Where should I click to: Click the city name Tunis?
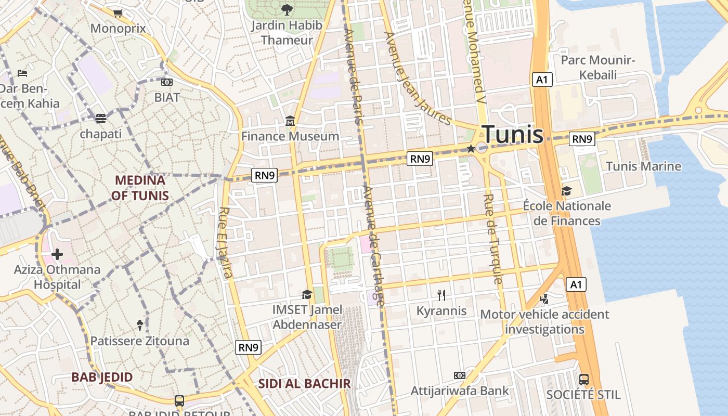[512, 135]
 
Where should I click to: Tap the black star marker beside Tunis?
[471, 149]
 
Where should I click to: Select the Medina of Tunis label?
[140, 188]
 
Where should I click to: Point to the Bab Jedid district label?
[102, 377]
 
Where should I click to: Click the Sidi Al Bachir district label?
[305, 384]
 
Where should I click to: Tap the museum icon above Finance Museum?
[290, 122]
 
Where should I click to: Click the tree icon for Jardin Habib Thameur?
[287, 9]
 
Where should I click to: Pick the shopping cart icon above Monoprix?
[118, 13]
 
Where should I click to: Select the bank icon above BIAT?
[167, 82]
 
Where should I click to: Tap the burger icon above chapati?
[101, 118]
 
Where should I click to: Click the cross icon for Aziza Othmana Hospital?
[57, 254]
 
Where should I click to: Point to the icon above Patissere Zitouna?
[140, 326]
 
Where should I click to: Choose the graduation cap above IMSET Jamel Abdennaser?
[307, 295]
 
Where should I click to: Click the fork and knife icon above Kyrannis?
[441, 295]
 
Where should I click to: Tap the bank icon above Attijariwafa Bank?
[459, 375]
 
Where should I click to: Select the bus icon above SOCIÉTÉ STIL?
[584, 379]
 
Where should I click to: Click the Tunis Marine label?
[644, 166]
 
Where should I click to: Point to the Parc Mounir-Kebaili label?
[598, 68]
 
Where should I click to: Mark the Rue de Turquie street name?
[493, 239]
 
